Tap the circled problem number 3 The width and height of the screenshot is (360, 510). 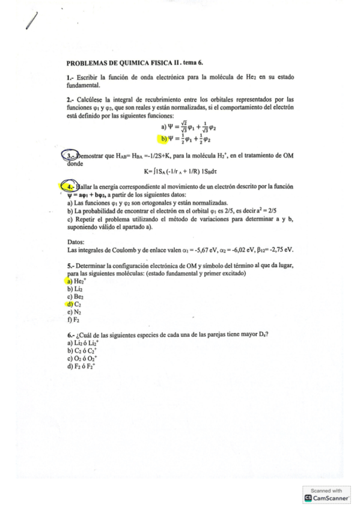click(71, 155)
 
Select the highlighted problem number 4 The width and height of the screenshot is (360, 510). click(71, 187)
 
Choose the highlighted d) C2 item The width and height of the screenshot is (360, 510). click(75, 305)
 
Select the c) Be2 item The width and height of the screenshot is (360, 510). click(75, 297)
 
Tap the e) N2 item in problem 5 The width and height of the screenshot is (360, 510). click(75, 312)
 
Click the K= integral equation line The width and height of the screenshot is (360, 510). click(180, 171)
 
